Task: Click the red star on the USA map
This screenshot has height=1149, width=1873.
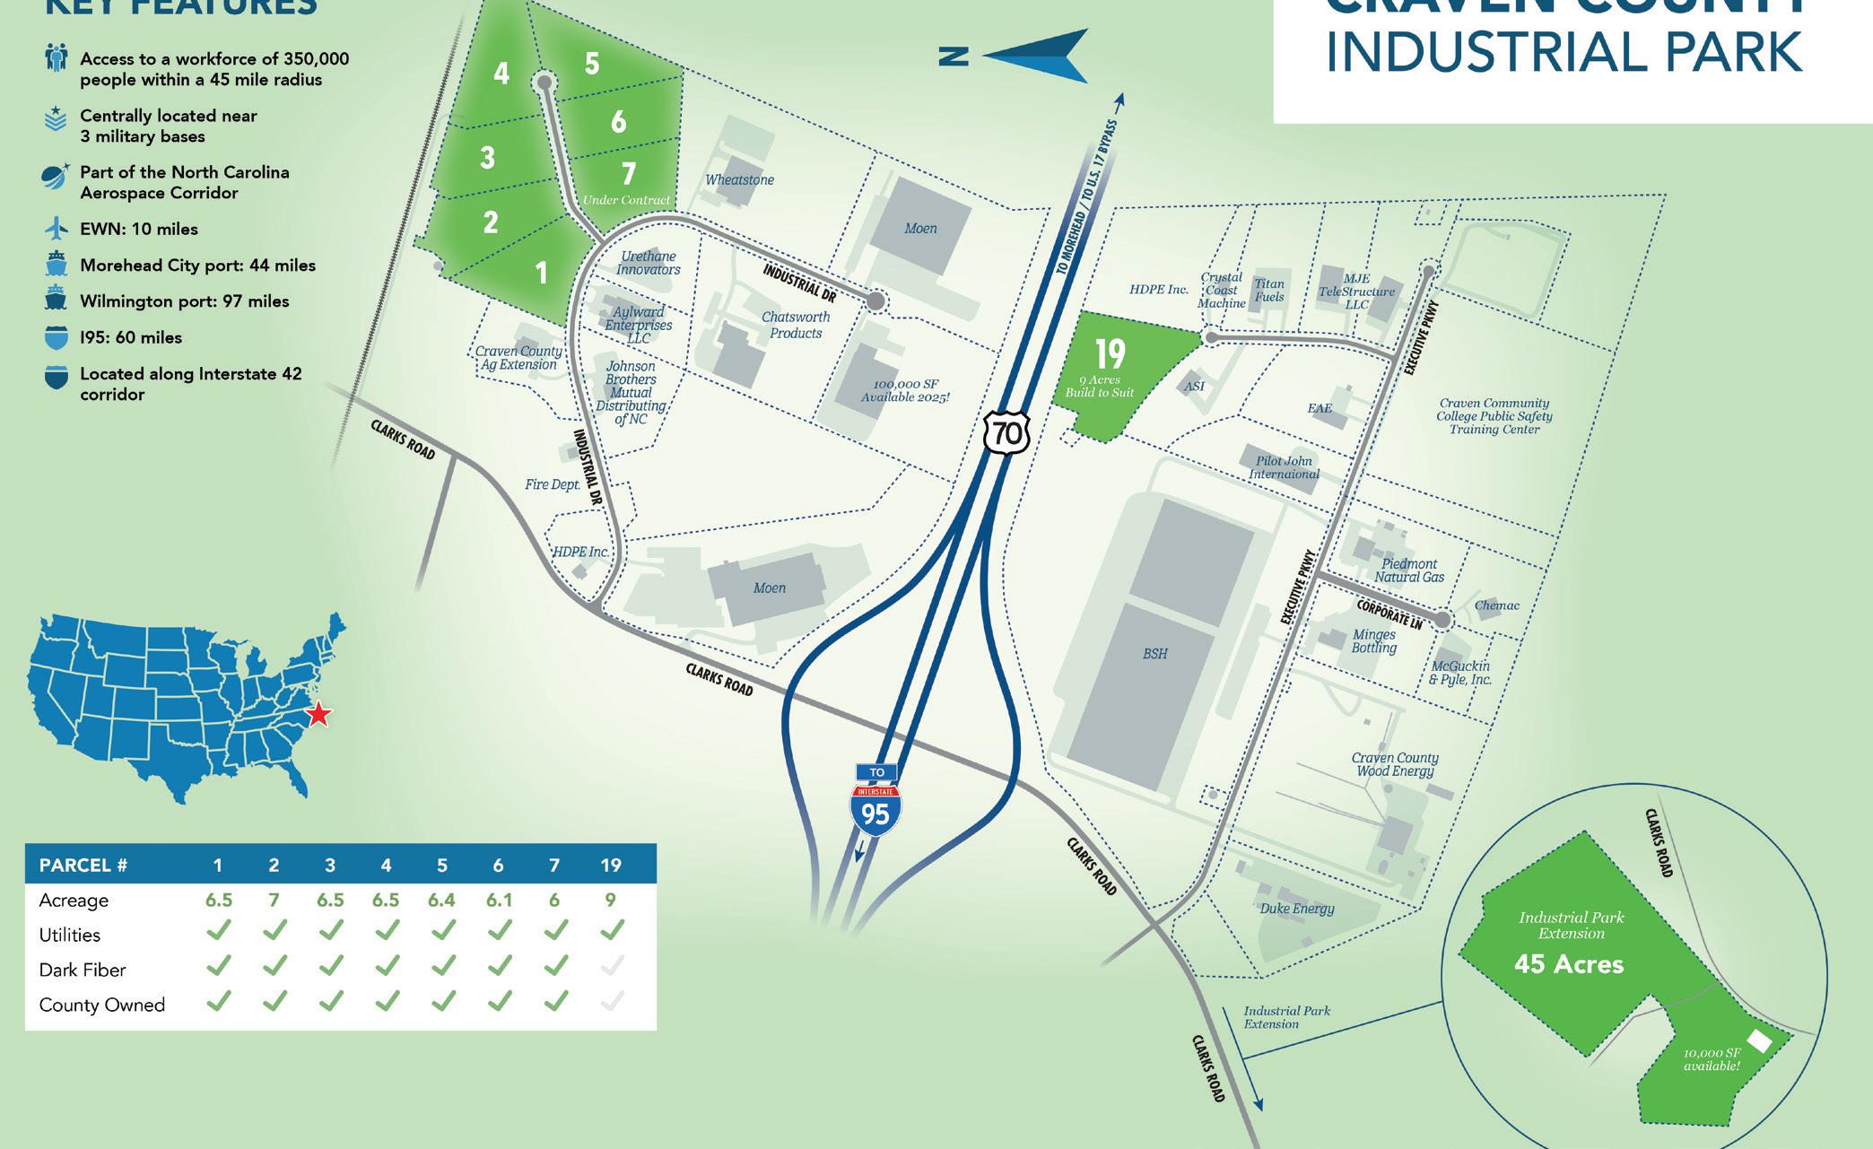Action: coord(318,714)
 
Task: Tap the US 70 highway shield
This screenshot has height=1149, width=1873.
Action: coord(1006,433)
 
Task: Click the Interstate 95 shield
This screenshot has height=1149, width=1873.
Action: coord(875,806)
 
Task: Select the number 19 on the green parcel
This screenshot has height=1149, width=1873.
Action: coord(1110,353)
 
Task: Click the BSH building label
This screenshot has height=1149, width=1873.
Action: coord(1155,654)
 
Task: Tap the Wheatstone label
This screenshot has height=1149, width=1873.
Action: coord(739,179)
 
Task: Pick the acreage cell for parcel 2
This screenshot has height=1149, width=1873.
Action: coord(274,900)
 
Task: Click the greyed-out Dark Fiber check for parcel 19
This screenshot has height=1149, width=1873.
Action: coord(611,967)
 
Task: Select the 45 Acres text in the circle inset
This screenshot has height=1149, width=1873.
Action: coord(1568,964)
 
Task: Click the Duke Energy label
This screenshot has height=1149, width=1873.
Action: coord(1296,909)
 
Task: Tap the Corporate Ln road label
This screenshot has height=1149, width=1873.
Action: coord(1389,614)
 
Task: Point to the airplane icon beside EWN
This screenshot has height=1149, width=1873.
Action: coord(57,228)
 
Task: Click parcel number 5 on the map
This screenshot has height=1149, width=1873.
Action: coord(592,64)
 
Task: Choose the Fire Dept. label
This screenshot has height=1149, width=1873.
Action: coord(553,484)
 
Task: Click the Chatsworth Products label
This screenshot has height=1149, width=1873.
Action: coord(796,325)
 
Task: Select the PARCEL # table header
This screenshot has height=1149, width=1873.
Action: coord(83,866)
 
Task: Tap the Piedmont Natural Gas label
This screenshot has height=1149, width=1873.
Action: coord(1409,570)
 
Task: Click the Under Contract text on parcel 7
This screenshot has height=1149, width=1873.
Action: coord(626,200)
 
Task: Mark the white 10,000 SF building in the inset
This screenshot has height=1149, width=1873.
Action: coord(1759,1041)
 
